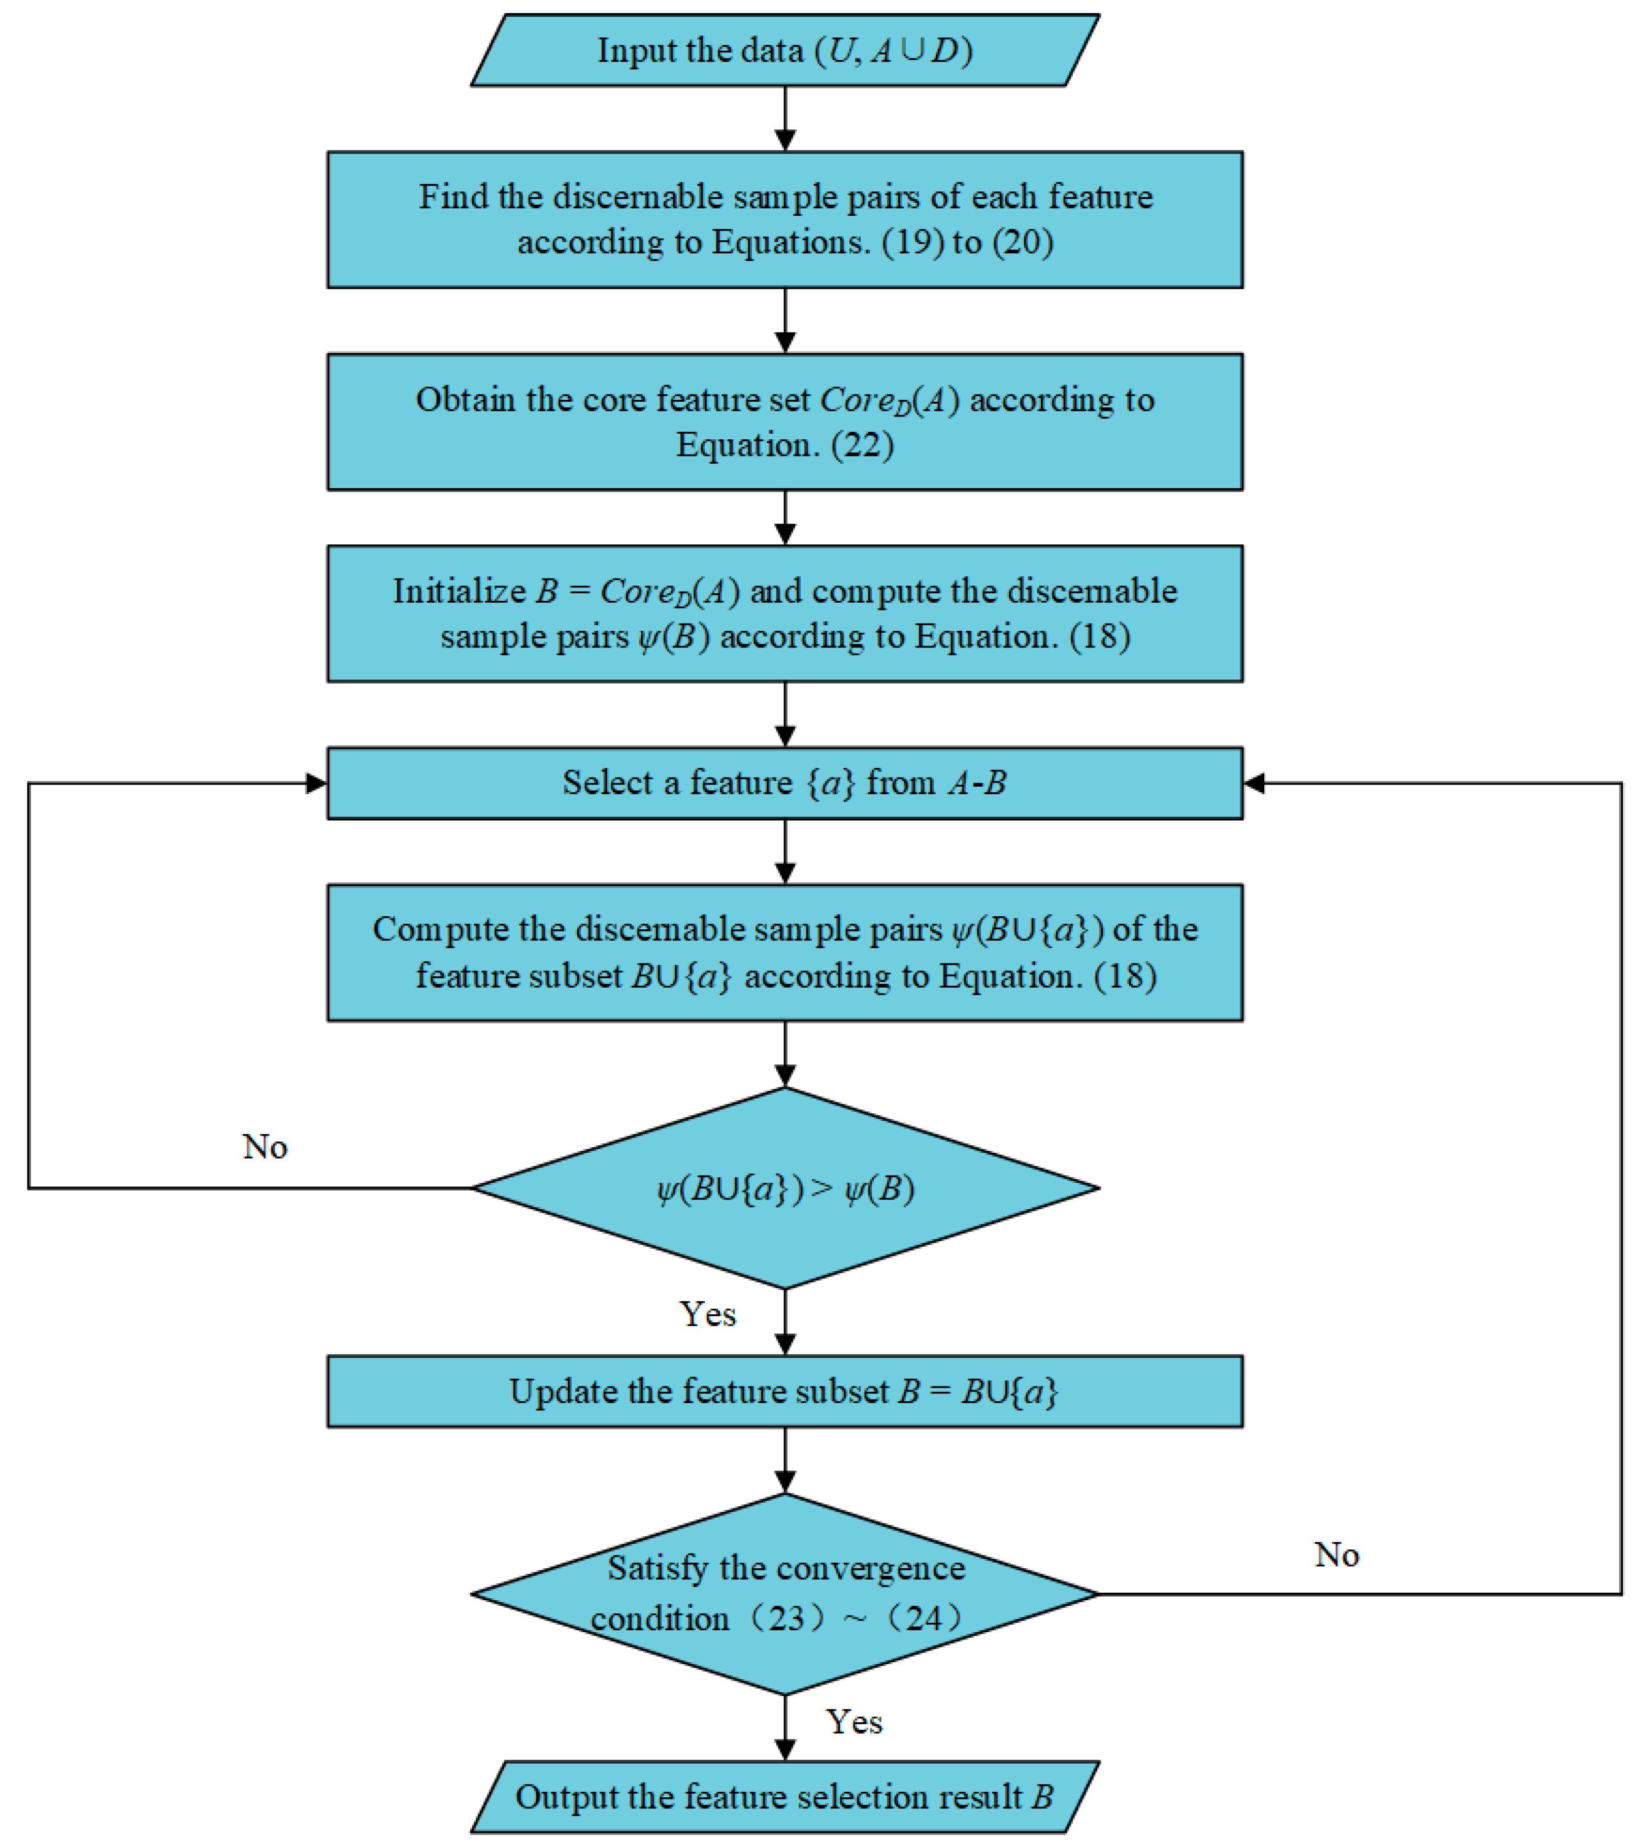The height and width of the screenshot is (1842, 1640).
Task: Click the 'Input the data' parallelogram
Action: tap(784, 50)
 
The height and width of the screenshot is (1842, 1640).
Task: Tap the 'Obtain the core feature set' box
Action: tap(784, 422)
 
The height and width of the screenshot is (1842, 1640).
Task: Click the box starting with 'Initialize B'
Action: tap(784, 613)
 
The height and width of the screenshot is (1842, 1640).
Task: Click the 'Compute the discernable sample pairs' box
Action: tap(784, 953)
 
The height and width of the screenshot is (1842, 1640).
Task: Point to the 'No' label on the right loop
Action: tap(1336, 1555)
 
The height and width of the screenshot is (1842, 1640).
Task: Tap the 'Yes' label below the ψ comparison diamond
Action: tap(707, 1314)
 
